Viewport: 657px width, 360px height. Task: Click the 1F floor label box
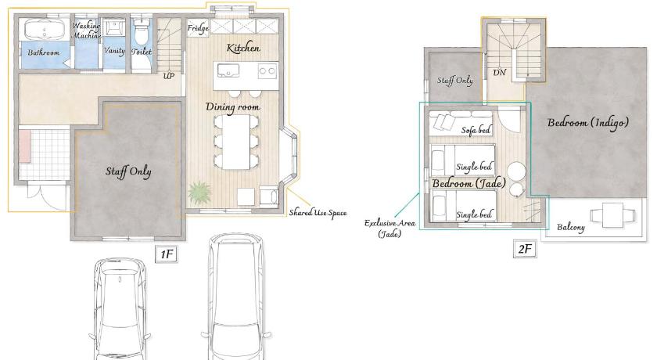(167, 254)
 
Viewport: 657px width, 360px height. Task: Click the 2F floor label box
(525, 249)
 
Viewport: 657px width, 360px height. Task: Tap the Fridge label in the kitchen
(198, 28)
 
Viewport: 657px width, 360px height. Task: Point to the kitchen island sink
(228, 70)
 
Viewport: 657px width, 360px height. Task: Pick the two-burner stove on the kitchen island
(267, 70)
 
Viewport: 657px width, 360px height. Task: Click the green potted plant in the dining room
(199, 193)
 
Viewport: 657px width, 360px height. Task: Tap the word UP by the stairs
(168, 76)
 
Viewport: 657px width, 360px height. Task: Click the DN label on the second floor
(500, 73)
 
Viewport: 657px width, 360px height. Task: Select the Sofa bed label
(476, 130)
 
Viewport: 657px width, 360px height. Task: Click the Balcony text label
(571, 227)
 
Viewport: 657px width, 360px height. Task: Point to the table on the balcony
(613, 215)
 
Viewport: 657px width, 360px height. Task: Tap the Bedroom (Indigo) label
(588, 123)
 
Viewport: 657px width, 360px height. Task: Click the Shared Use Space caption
(318, 213)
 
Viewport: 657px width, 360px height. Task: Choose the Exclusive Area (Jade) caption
(390, 229)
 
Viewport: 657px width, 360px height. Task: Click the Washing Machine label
(87, 31)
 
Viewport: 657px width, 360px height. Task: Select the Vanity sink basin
(113, 27)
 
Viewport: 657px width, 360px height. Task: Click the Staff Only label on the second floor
(455, 81)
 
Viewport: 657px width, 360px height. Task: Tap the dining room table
(236, 142)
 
